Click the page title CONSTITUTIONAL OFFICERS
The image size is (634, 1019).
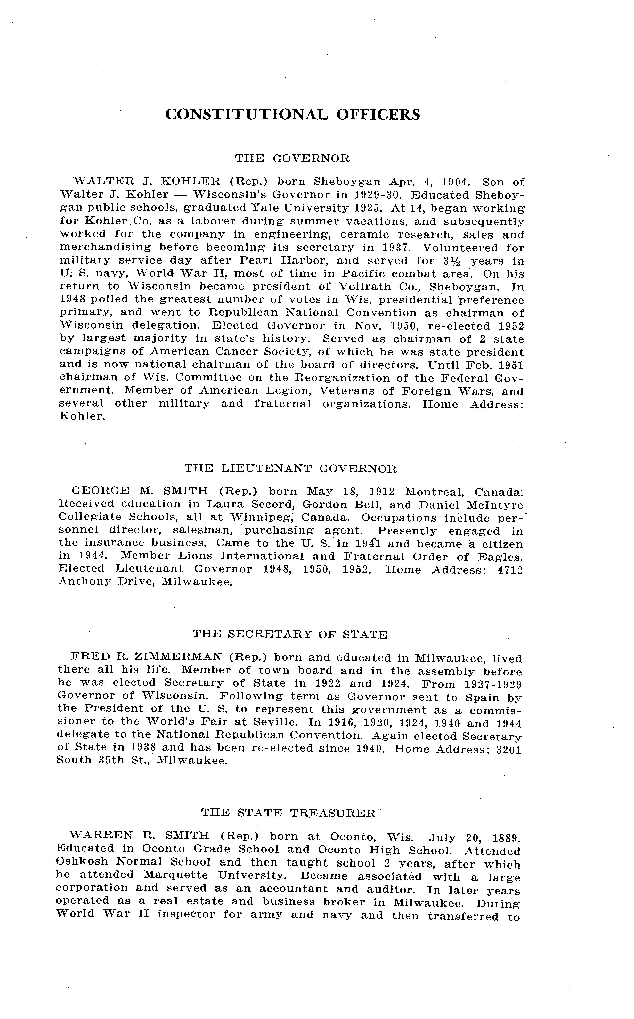tap(292, 114)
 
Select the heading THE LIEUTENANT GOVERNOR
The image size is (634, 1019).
tap(290, 468)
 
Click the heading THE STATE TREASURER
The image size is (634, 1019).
tap(288, 813)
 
